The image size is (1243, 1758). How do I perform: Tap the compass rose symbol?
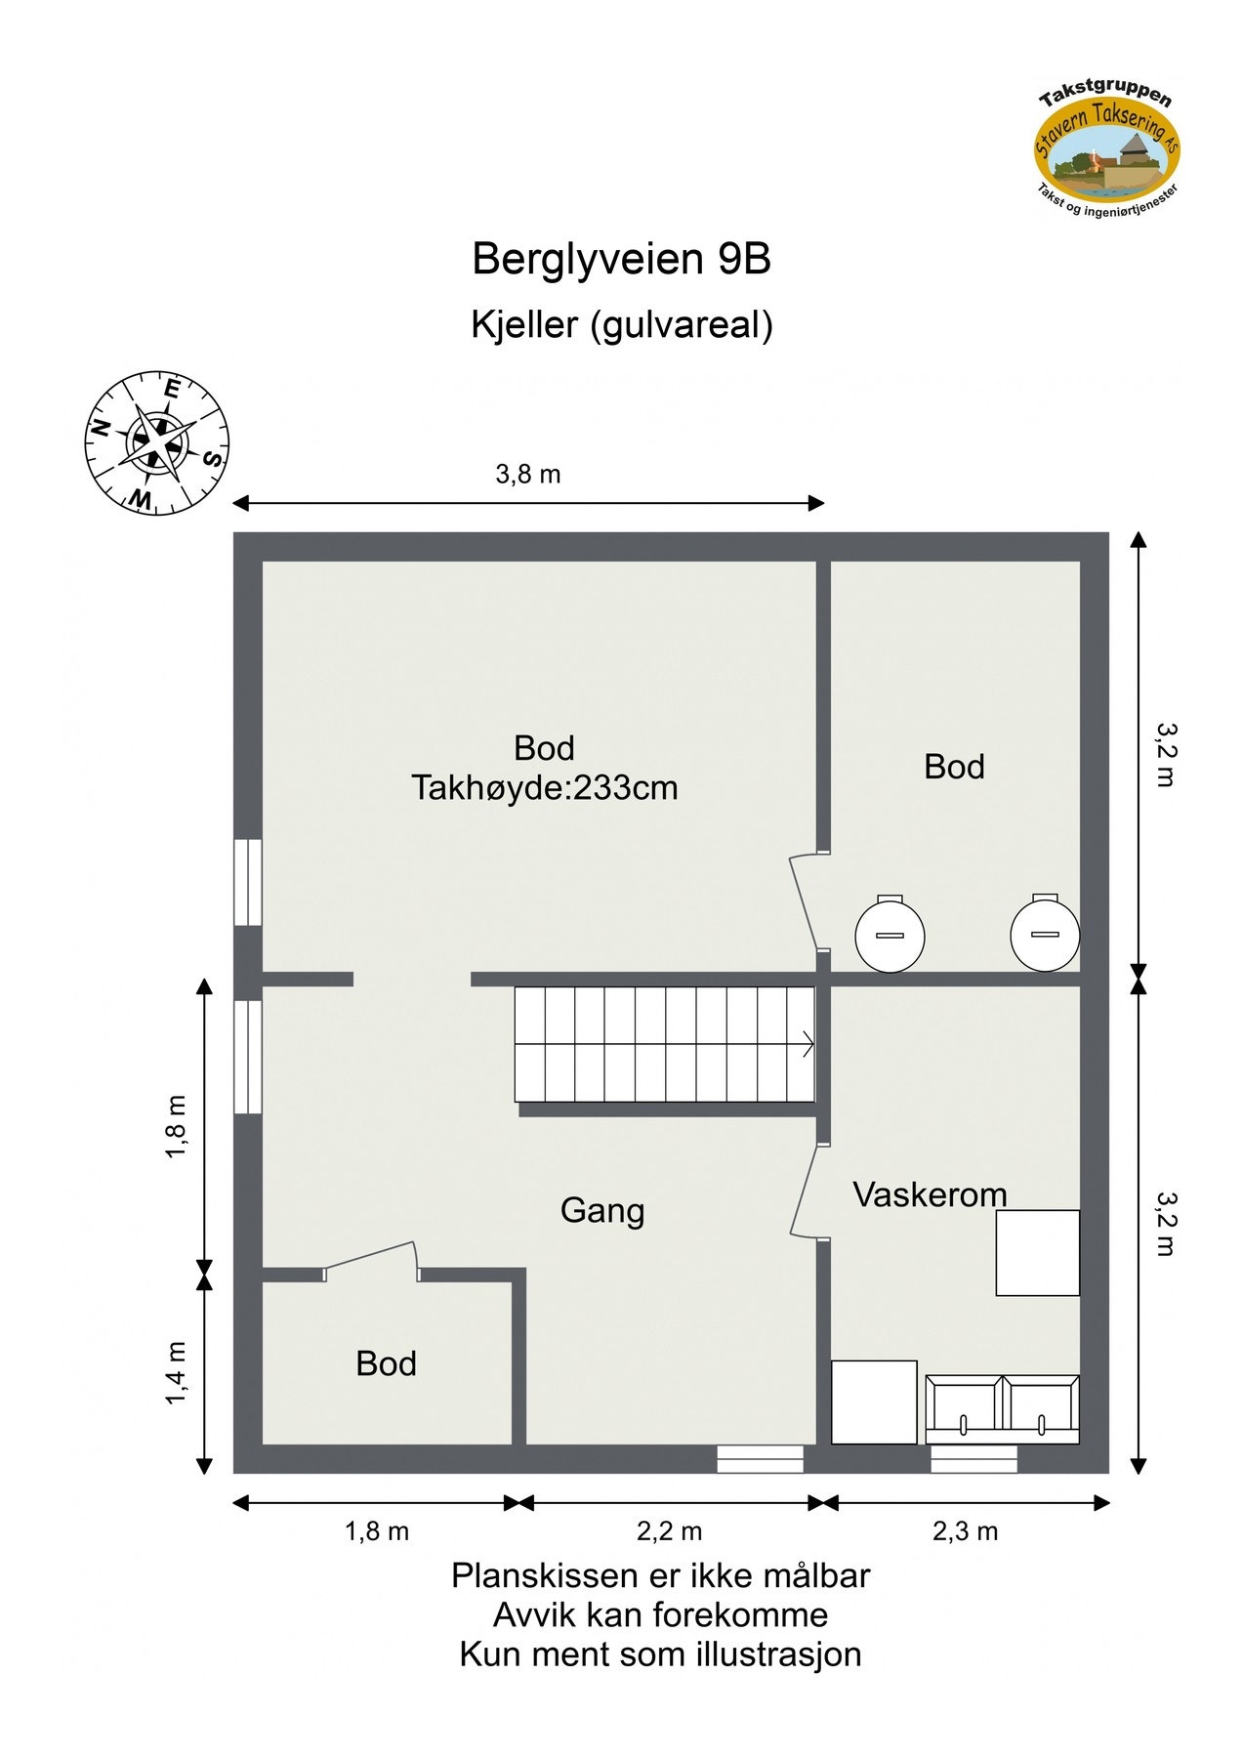pos(156,442)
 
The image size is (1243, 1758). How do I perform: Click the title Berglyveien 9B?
pos(621,260)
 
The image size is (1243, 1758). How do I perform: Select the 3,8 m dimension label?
pos(527,475)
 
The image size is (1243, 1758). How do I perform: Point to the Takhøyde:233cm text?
pos(544,788)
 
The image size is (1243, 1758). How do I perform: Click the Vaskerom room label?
pos(929,1194)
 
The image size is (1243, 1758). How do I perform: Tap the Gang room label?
pos(602,1211)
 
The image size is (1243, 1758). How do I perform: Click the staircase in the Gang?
pos(665,1045)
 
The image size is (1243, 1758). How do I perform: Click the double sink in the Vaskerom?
pos(1002,1408)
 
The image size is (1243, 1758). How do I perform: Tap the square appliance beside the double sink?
pos(874,1402)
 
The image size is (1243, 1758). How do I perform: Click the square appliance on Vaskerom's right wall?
pos(1037,1253)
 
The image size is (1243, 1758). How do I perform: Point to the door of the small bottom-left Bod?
pos(371,1258)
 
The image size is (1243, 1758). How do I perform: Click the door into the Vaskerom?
pos(805,1191)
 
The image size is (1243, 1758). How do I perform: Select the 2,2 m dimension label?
pos(669,1531)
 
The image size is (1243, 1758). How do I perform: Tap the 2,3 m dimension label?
pos(965,1531)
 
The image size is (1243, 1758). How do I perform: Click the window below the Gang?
pos(760,1459)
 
